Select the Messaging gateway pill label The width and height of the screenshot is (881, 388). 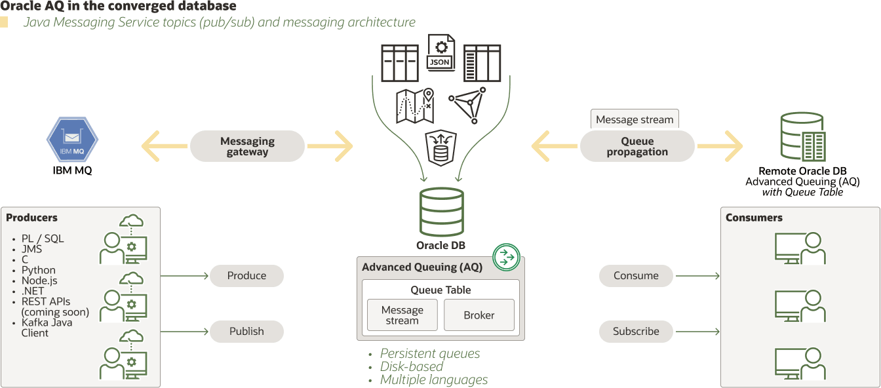point(247,146)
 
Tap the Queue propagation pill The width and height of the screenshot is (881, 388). point(637,146)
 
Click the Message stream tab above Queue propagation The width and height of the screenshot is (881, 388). point(635,119)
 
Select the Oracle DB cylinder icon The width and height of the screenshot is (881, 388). point(441,213)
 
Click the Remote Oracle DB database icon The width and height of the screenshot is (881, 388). point(802,138)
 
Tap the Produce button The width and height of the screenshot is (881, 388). point(246,275)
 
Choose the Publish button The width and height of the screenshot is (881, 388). point(246,331)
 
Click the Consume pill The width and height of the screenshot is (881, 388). point(636,275)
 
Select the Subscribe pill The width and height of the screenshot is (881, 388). point(636,331)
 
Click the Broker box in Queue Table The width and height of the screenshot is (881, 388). point(479,315)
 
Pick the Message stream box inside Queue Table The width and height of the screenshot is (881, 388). point(402,315)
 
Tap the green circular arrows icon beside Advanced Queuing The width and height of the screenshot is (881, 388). point(506,256)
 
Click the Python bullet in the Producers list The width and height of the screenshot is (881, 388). point(38,270)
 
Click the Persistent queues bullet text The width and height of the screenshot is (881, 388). point(430,353)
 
